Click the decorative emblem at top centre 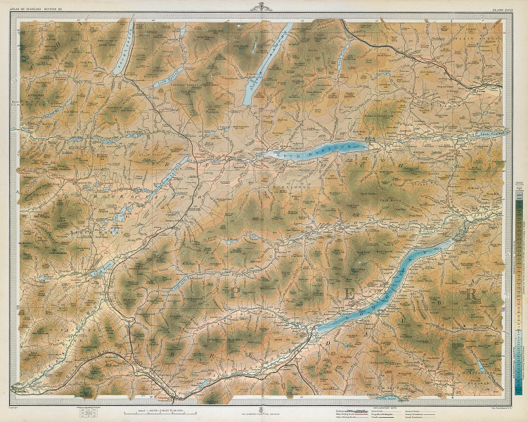pyautogui.click(x=264, y=8)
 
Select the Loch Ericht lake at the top pyautogui.click(x=266, y=64)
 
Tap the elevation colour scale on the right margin pyautogui.click(x=518, y=281)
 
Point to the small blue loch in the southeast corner pyautogui.click(x=480, y=365)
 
